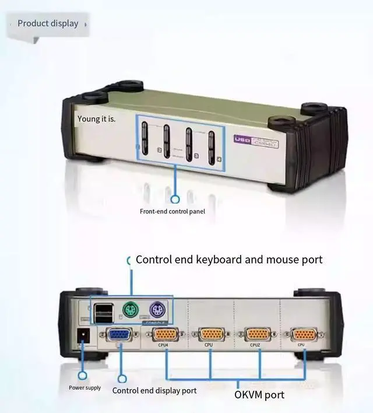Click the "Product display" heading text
coord(48,23)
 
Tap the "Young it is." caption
coord(97,119)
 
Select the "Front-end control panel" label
coord(173,211)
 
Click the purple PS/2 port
coord(157,309)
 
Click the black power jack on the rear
coord(84,335)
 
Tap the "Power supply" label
coord(85,388)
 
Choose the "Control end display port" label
coord(154,390)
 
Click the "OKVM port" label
coord(259,395)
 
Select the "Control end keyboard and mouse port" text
coord(229,259)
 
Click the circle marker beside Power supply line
coord(83,376)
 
